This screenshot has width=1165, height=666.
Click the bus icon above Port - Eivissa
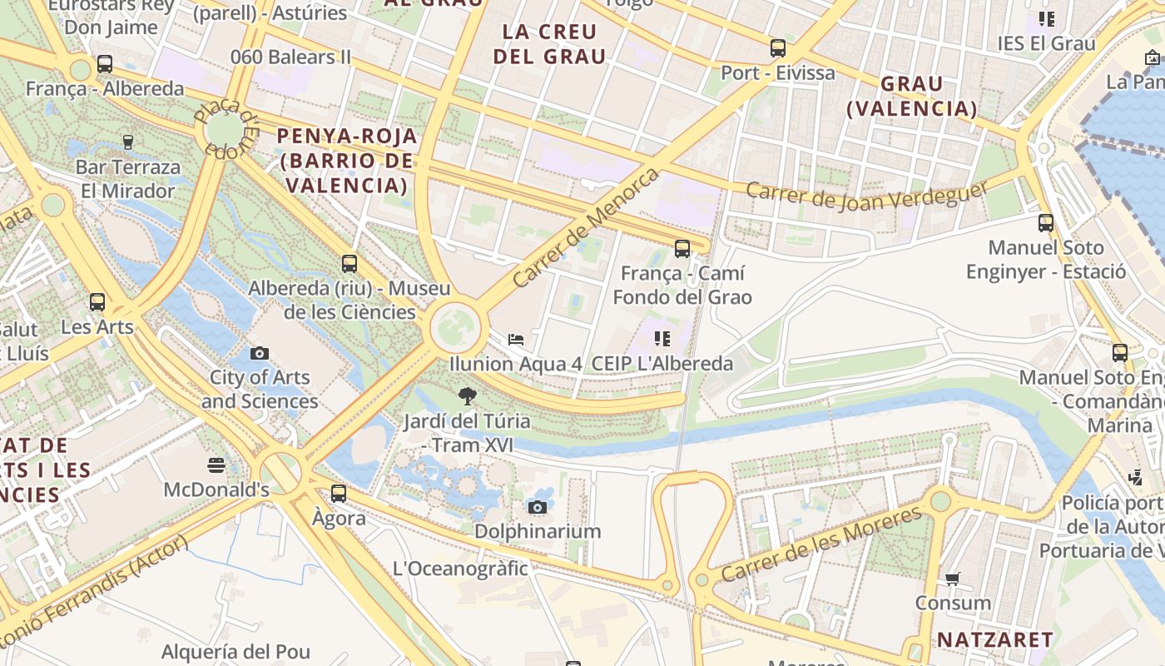click(x=778, y=48)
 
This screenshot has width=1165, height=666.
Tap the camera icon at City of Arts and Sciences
click(x=260, y=353)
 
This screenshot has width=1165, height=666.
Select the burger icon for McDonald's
click(x=216, y=465)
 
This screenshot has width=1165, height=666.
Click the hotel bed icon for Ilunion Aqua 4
click(x=516, y=339)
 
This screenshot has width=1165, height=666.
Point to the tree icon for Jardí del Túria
click(x=468, y=396)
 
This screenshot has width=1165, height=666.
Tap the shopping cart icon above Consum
click(x=953, y=579)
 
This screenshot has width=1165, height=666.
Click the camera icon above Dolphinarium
click(x=538, y=507)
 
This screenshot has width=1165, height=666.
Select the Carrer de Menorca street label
click(x=586, y=227)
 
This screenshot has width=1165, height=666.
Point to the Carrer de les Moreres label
click(x=821, y=544)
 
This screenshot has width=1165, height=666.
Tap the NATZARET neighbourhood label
click(x=995, y=639)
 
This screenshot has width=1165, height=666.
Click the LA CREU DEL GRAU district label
click(x=550, y=44)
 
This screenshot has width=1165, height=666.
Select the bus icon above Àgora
click(x=339, y=493)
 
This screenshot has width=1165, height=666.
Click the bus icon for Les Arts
click(x=97, y=301)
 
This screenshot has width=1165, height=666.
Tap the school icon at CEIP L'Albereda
click(x=662, y=338)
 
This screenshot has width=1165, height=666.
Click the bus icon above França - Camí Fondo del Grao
click(x=682, y=248)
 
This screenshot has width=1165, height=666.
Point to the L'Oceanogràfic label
click(x=460, y=569)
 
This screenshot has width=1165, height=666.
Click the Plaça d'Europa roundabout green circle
click(x=222, y=130)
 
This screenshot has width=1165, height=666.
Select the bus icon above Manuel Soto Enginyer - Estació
click(x=1046, y=223)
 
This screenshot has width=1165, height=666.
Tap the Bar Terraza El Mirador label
click(x=127, y=179)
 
